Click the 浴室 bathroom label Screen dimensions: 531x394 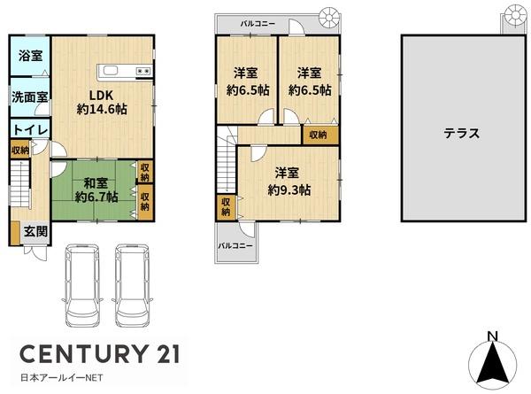[x=30, y=56]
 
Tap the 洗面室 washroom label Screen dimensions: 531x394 [x=30, y=97]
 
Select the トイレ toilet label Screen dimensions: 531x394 [x=31, y=130]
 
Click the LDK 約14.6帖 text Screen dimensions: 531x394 [x=102, y=102]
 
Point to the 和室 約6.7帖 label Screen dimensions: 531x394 [x=96, y=190]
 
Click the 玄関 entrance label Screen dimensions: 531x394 [x=35, y=232]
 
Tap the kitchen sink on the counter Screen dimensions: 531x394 [x=111, y=71]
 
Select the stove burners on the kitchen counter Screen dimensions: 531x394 [x=143, y=71]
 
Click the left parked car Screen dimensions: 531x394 [x=83, y=285]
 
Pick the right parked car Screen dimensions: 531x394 [x=132, y=285]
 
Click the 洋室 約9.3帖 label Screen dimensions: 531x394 [x=289, y=182]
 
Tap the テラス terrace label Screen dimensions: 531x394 [x=462, y=133]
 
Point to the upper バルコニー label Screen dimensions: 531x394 [x=258, y=24]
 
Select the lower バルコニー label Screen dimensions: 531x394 [x=235, y=245]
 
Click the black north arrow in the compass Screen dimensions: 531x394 [x=493, y=363]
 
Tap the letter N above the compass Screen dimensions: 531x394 [x=492, y=336]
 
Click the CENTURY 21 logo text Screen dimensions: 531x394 [x=100, y=354]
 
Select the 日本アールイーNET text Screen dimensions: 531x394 [x=62, y=378]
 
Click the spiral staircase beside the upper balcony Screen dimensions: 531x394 [x=329, y=17]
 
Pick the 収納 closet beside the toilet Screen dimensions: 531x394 [x=20, y=150]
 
